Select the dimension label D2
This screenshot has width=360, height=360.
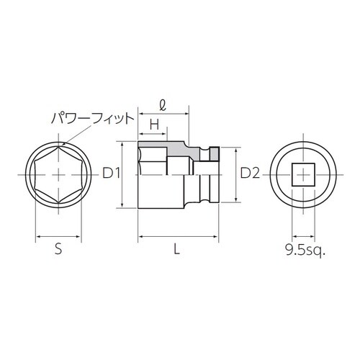click(x=249, y=174)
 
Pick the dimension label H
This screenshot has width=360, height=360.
click(x=153, y=124)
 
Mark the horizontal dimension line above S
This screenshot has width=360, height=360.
click(x=58, y=236)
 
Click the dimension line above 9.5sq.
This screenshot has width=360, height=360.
click(x=303, y=236)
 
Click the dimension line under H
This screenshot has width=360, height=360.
click(x=153, y=135)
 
